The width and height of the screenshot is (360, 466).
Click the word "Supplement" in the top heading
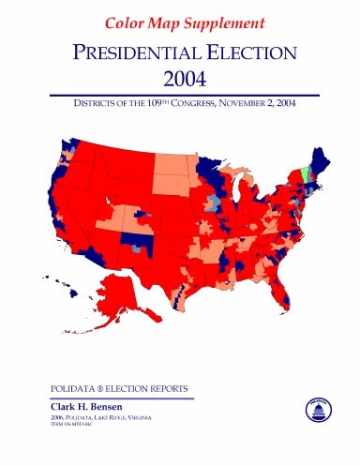(218, 21)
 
